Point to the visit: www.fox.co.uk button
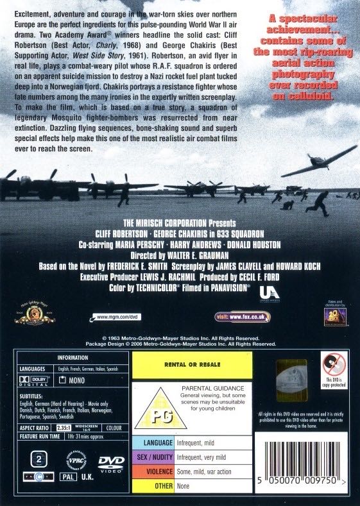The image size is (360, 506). coord(243,317)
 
